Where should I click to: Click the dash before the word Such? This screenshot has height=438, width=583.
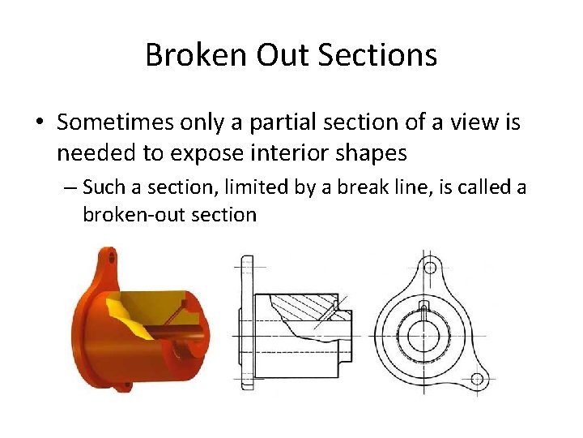pyautogui.click(x=70, y=188)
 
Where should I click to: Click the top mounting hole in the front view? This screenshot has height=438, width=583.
pyautogui.click(x=431, y=268)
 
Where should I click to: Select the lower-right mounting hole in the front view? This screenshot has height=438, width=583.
pyautogui.click(x=478, y=378)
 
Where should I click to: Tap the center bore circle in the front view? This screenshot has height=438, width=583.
pyautogui.click(x=423, y=333)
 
